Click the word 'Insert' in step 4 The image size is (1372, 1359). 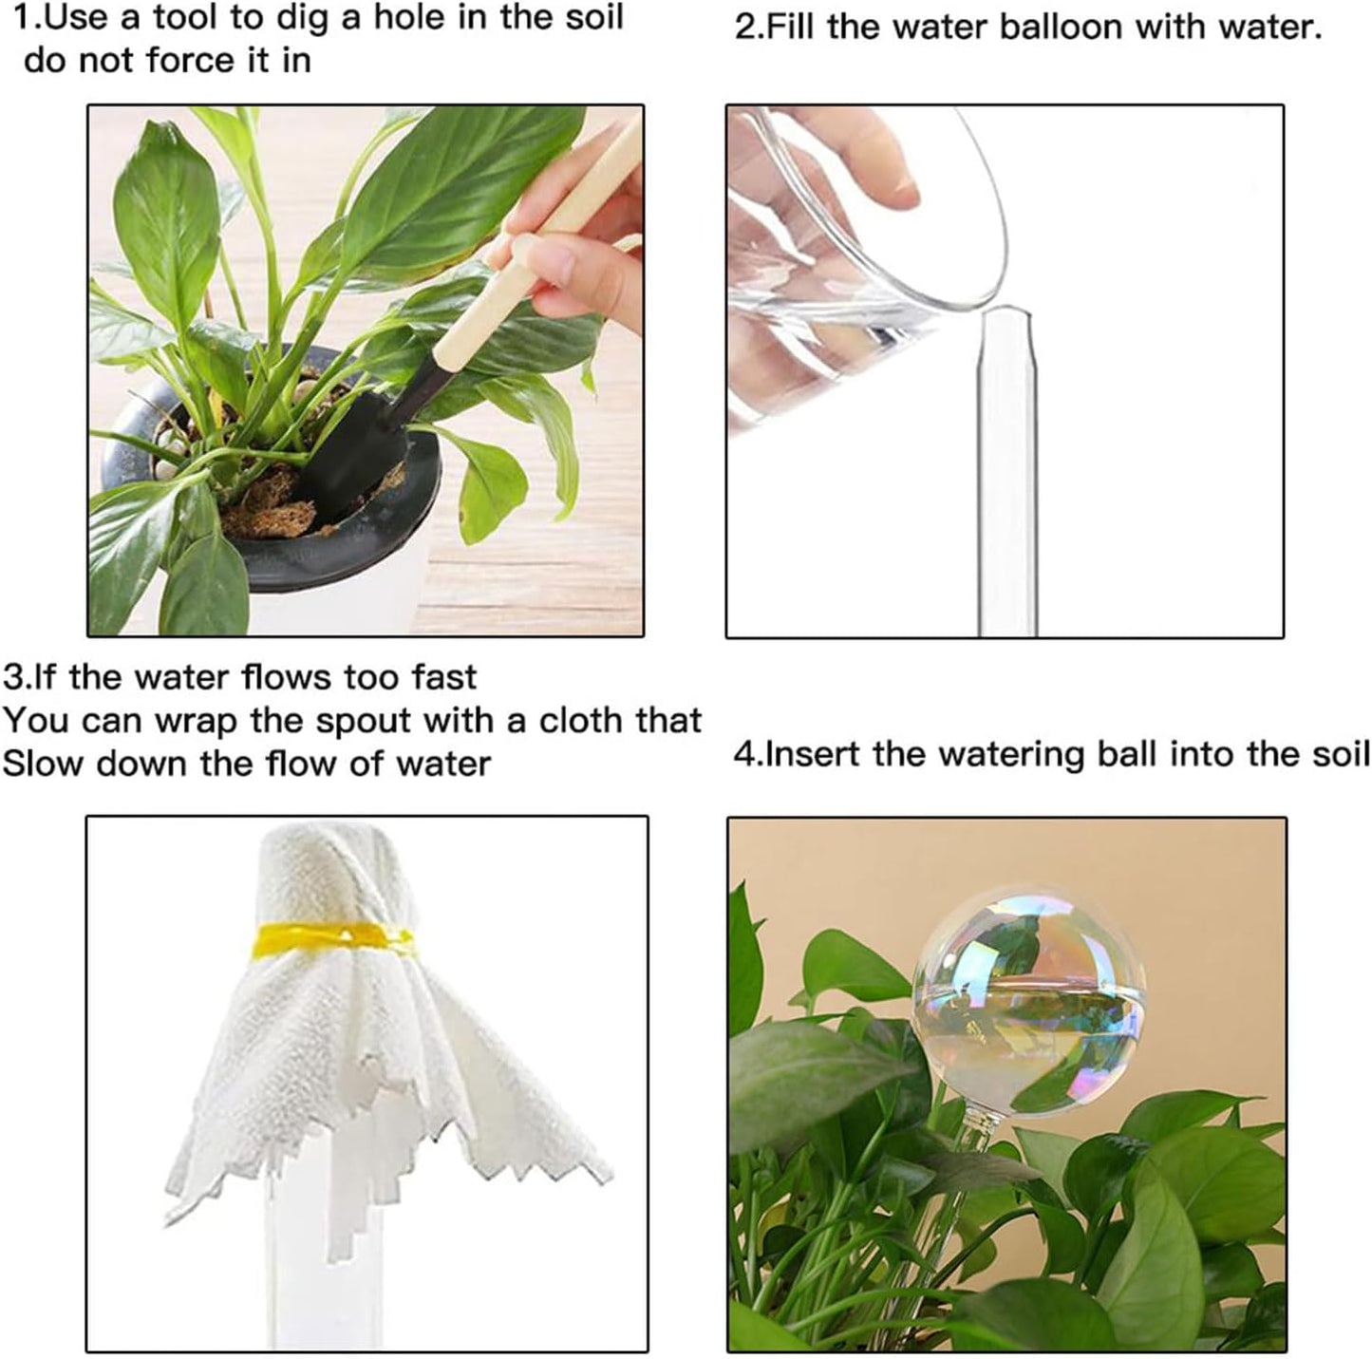click(x=813, y=754)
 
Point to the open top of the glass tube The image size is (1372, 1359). click(x=1006, y=313)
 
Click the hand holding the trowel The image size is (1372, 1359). click(x=570, y=271)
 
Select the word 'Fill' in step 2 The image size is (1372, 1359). click(x=793, y=27)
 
